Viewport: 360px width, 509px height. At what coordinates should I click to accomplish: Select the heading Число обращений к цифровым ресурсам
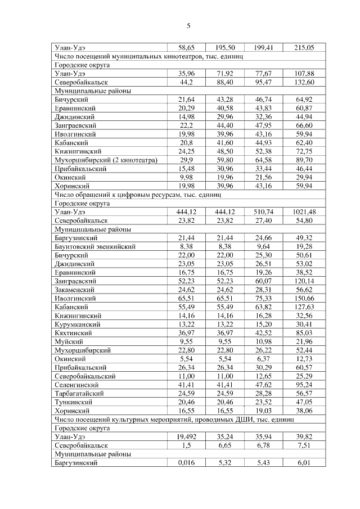coord(138,195)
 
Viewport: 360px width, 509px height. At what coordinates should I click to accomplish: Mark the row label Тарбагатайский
coord(78,394)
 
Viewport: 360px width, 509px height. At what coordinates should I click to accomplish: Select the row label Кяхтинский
coord(74,333)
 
